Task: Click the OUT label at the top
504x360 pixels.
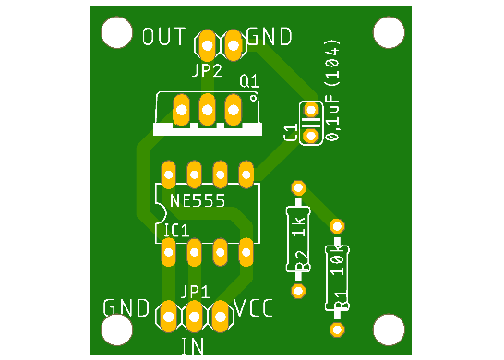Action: pyautogui.click(x=164, y=38)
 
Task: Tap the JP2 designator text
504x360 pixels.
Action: pyautogui.click(x=207, y=70)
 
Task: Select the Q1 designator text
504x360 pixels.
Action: pyautogui.click(x=249, y=82)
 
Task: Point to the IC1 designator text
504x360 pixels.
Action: pyautogui.click(x=176, y=229)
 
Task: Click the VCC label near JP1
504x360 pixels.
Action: pyautogui.click(x=254, y=308)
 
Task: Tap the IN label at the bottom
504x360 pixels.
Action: pyautogui.click(x=193, y=347)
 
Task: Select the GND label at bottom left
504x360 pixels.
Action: pyautogui.click(x=126, y=308)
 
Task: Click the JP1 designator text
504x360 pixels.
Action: pyautogui.click(x=195, y=292)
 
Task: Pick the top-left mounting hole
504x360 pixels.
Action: pyautogui.click(x=117, y=33)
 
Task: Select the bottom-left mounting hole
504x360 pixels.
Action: pyautogui.click(x=117, y=328)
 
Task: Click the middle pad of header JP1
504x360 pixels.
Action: pyautogui.click(x=195, y=317)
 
